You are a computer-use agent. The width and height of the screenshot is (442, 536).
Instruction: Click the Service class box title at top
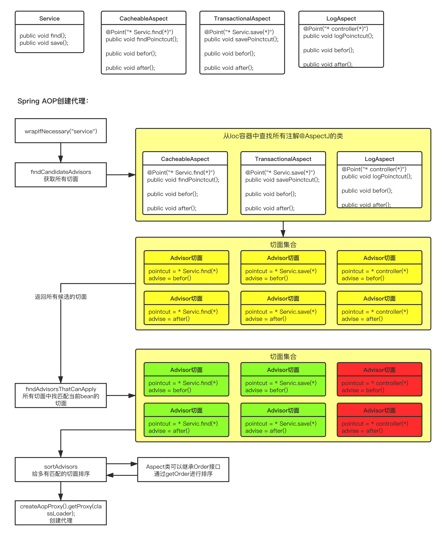coord(49,18)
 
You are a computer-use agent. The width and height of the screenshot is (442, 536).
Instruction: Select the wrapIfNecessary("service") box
coord(61,131)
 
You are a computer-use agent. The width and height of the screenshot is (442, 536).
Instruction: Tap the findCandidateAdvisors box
coord(61,175)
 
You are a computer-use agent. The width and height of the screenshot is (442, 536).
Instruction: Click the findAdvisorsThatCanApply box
coord(61,396)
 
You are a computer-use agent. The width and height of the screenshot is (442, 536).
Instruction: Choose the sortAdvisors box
coord(61,470)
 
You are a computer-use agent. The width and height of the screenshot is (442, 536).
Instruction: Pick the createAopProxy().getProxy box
coord(61,513)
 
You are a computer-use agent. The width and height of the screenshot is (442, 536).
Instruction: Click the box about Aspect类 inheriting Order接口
coord(183,470)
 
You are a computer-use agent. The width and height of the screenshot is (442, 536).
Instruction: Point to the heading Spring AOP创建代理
coord(53,101)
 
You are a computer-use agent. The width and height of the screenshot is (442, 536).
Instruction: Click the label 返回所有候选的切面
coord(61,297)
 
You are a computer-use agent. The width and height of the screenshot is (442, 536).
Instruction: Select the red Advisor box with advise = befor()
coord(379,379)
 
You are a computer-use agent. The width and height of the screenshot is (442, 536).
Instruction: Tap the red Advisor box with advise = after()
coord(379,420)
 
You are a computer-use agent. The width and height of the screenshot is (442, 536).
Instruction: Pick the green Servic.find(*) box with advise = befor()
coord(186,379)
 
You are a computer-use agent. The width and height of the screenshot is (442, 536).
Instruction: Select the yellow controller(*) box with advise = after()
coord(379,308)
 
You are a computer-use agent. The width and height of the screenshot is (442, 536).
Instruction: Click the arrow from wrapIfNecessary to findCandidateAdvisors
coord(61,153)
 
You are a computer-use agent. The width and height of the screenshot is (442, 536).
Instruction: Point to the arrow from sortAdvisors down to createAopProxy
coord(61,491)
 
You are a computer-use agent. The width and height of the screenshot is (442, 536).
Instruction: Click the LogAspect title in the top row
coord(341,18)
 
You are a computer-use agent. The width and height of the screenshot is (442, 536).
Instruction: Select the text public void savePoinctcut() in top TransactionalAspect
coord(241,39)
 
